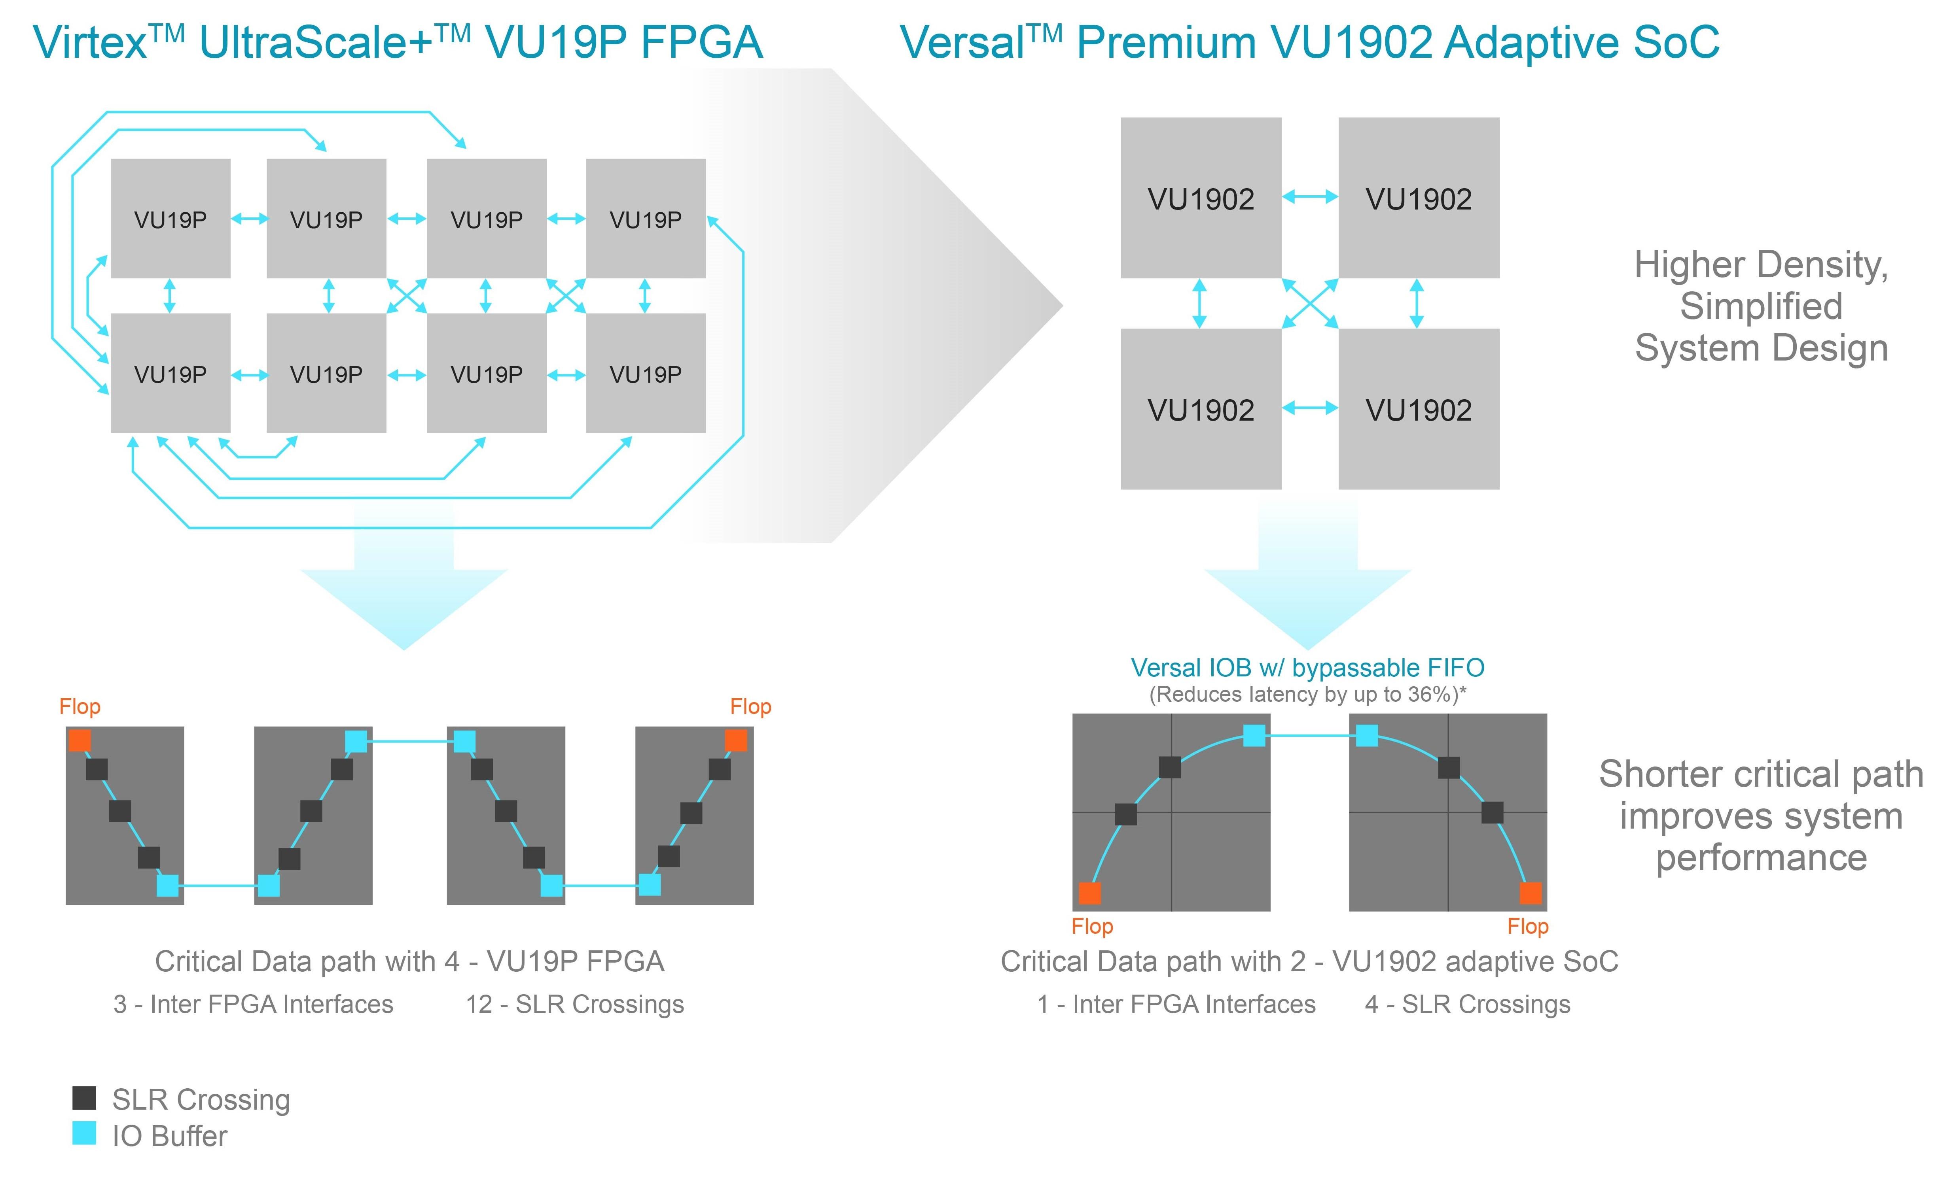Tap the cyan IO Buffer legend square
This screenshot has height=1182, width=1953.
tap(84, 1133)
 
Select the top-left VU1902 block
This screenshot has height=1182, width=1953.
tap(1201, 198)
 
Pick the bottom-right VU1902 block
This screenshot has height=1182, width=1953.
tap(1419, 409)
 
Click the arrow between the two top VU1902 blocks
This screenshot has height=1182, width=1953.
tap(1310, 196)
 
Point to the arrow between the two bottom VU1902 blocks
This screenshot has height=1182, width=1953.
tap(1310, 408)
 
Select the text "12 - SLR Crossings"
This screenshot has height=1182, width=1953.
tap(575, 1005)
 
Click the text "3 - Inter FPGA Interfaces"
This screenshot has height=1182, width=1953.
tap(254, 1005)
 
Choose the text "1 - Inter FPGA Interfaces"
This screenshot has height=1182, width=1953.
tap(1176, 1005)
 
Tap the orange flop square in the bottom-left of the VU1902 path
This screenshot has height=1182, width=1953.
tap(1090, 893)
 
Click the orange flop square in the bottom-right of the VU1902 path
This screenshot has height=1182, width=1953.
tap(1531, 893)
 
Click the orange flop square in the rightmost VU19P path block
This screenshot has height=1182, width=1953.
tap(735, 741)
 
